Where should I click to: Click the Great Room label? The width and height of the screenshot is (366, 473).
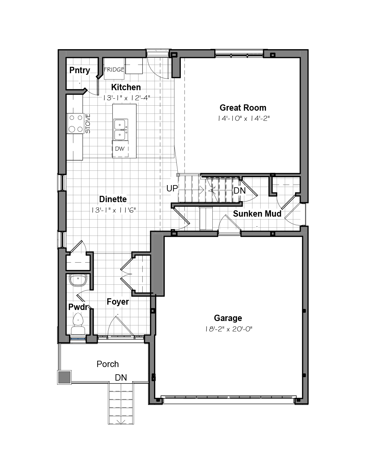tap(243, 108)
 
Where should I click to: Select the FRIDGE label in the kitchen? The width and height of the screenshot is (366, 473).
tap(114, 69)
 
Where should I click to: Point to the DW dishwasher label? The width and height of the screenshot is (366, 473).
tap(120, 149)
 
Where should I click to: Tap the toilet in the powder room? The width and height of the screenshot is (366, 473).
tap(78, 324)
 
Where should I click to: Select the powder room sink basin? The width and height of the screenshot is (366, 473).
tap(78, 280)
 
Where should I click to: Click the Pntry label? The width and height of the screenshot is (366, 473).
tap(80, 71)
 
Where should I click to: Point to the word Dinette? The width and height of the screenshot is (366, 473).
tap(113, 199)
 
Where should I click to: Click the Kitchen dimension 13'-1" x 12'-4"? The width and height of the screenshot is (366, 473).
tap(127, 98)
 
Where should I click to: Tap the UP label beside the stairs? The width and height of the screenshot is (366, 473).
tap(172, 189)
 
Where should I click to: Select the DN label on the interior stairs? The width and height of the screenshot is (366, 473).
tap(239, 191)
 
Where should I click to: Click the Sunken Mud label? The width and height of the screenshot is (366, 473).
tap(257, 214)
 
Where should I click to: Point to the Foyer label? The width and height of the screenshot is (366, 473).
tap(118, 302)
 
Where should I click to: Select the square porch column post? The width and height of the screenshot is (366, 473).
tap(64, 377)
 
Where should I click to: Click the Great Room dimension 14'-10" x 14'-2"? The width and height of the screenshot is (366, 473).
tap(244, 119)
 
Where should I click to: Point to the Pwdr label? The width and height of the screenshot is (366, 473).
tap(78, 307)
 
